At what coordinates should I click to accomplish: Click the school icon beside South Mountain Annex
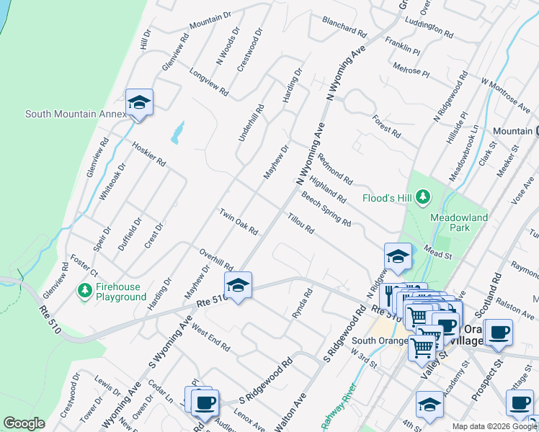point(139,102)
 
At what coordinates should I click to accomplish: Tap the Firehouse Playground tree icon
point(84,289)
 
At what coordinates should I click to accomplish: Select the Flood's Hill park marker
point(423,196)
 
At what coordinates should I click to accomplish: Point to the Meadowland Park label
point(459,222)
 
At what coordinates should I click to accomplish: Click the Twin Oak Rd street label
point(239,222)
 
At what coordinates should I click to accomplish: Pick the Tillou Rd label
point(300,224)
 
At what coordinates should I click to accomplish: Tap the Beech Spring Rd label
point(326,209)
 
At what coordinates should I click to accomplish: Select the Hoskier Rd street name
point(149,153)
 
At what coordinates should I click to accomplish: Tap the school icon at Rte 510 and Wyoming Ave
point(239,284)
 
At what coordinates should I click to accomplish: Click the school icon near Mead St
point(397,256)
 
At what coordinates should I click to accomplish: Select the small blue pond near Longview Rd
point(177,132)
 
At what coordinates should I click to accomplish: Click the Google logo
point(24,423)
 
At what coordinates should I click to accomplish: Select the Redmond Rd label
point(334,170)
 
